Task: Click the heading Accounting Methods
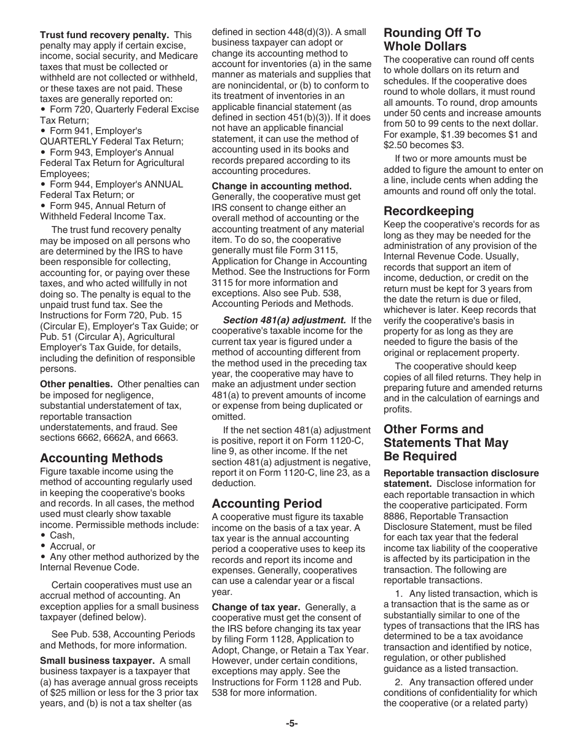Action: [x=101, y=458]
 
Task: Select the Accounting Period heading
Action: [x=267, y=503]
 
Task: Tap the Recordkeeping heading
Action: [x=428, y=211]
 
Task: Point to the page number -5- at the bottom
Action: [x=291, y=723]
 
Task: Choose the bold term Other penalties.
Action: [x=76, y=384]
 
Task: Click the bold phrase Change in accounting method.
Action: [x=282, y=186]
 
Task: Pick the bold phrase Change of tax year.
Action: [x=256, y=607]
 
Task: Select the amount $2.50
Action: [x=397, y=145]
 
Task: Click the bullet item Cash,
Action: [x=62, y=535]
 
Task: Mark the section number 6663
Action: [x=164, y=438]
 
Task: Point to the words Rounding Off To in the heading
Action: [x=432, y=33]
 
